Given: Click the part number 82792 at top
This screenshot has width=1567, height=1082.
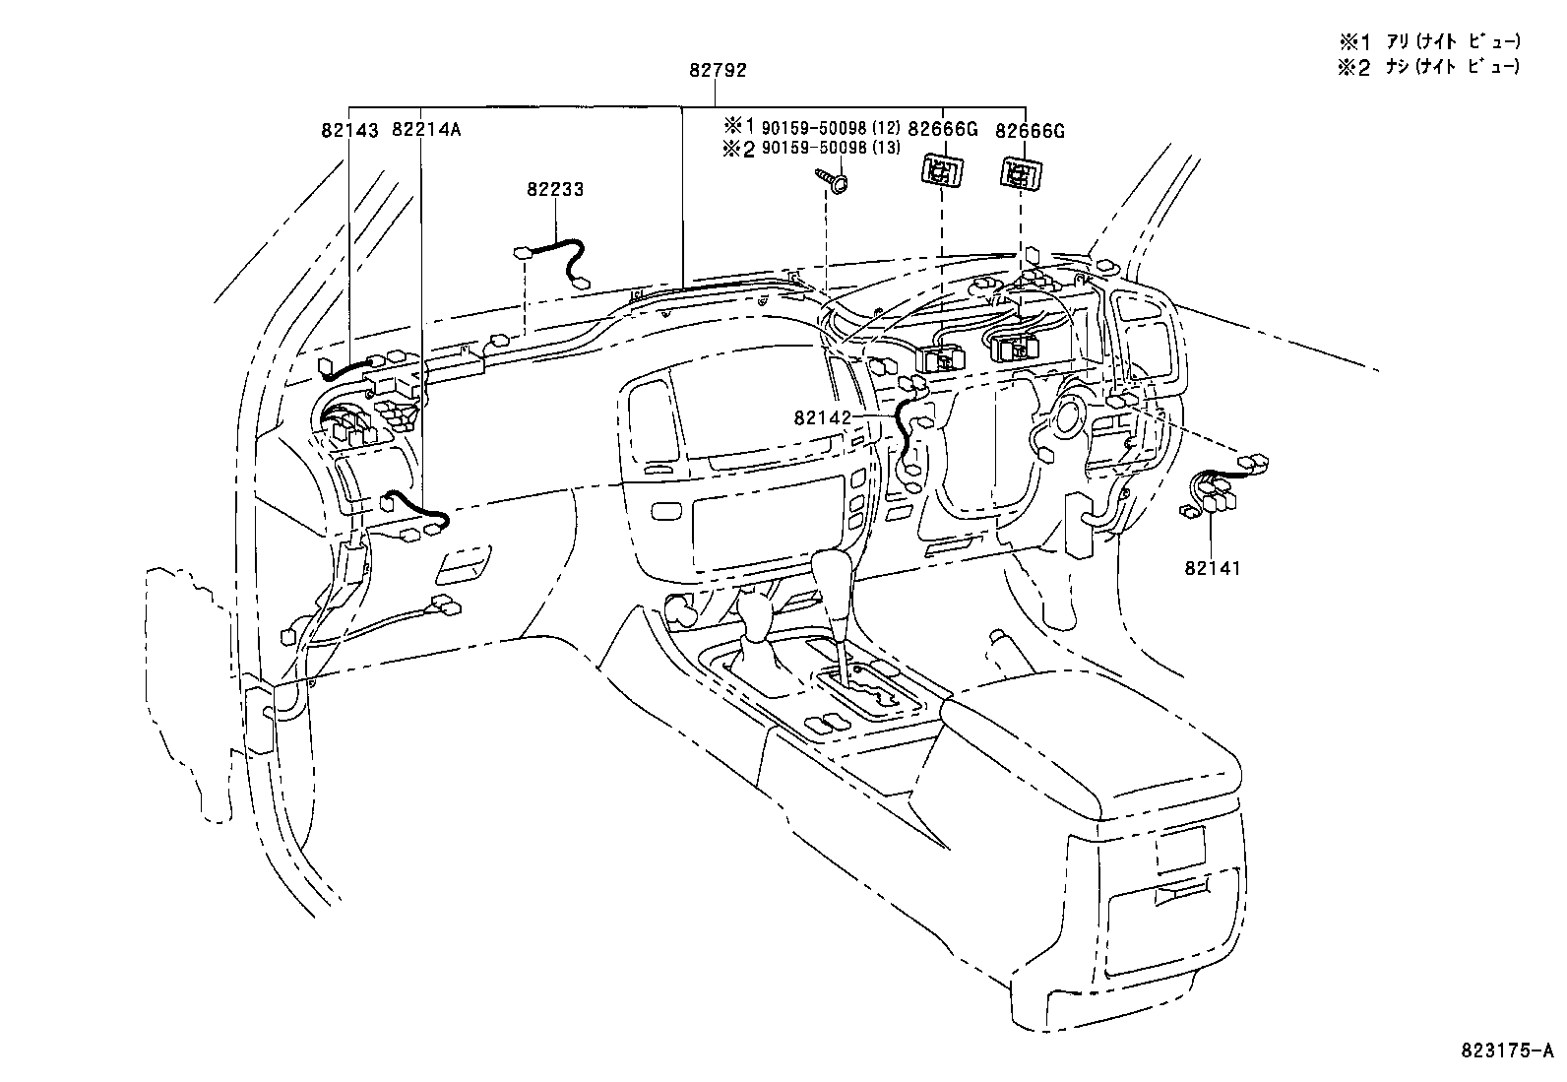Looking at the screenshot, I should (718, 70).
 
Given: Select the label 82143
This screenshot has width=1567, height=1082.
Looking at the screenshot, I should (349, 129).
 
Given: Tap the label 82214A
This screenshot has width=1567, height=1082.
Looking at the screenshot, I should (426, 129).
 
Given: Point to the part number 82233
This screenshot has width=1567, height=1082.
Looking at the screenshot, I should (554, 189).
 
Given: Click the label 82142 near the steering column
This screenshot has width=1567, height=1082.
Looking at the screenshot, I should (822, 417).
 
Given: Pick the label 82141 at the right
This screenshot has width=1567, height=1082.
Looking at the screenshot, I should (1213, 568).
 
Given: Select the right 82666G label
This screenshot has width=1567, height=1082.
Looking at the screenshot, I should (1030, 130).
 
